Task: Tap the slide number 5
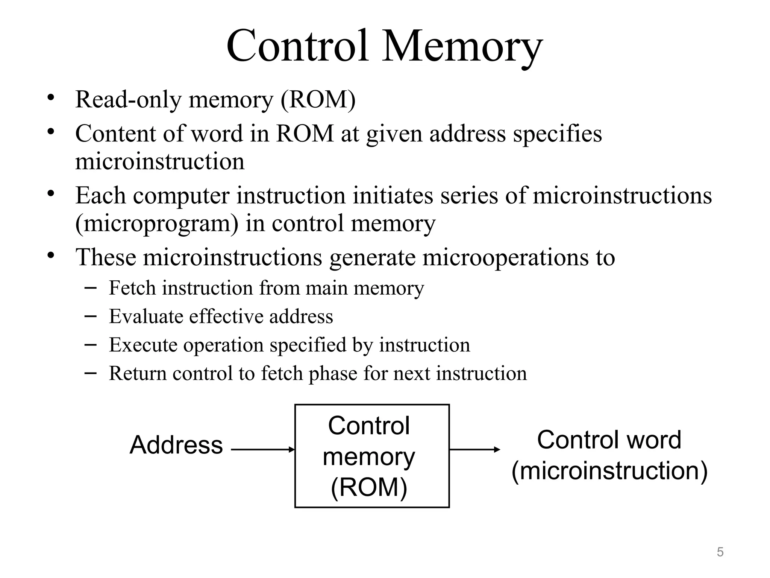(x=720, y=552)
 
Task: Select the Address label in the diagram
(x=176, y=445)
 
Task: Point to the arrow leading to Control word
(x=474, y=449)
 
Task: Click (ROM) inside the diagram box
(x=369, y=487)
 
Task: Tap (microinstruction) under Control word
(x=609, y=471)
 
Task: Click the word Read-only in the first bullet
(x=128, y=100)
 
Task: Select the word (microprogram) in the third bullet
(x=157, y=224)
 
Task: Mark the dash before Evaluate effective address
(x=90, y=316)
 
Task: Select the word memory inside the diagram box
(x=369, y=457)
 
